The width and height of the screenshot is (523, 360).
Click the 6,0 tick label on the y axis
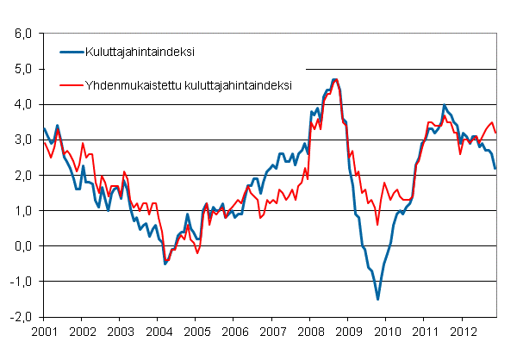pyautogui.click(x=21, y=34)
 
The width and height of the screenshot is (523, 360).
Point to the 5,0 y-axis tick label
pyautogui.click(x=21, y=69)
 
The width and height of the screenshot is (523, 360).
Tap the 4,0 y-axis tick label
pyautogui.click(x=21, y=104)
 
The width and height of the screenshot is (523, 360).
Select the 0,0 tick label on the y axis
pyautogui.click(x=21, y=246)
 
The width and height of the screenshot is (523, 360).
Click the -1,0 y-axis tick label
pyautogui.click(x=19, y=282)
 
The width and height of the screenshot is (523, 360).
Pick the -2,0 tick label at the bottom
pyautogui.click(x=19, y=317)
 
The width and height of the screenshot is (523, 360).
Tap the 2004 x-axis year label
pyautogui.click(x=158, y=331)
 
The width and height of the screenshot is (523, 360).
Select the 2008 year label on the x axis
pyautogui.click(x=310, y=331)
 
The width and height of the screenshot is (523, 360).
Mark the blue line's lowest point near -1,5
pyautogui.click(x=377, y=299)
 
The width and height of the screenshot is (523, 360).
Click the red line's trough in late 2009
pyautogui.click(x=377, y=225)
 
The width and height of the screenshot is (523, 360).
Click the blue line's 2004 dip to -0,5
pyautogui.click(x=165, y=264)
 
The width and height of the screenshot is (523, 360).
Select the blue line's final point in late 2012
pyautogui.click(x=495, y=168)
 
